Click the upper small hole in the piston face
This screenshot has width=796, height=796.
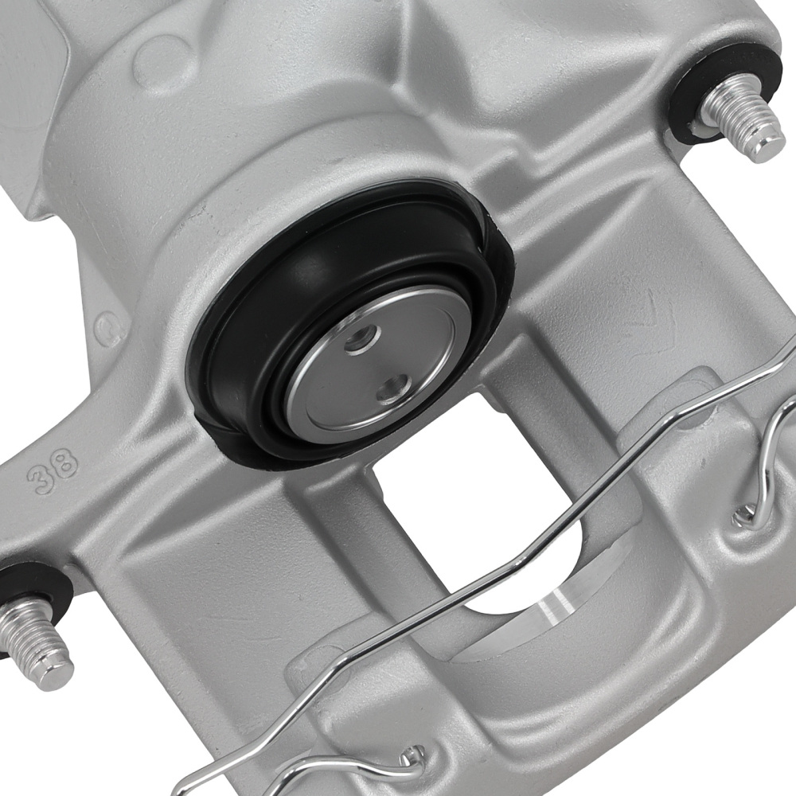[358, 341]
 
